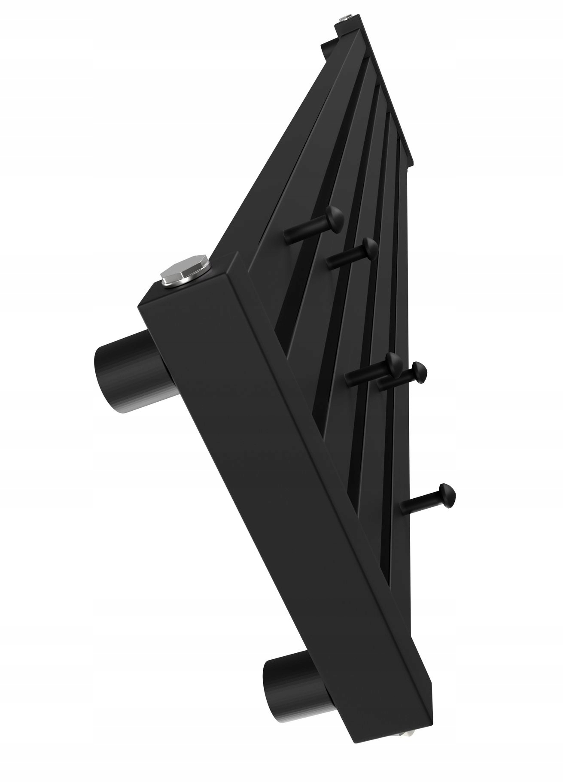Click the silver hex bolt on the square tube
[186, 270]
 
